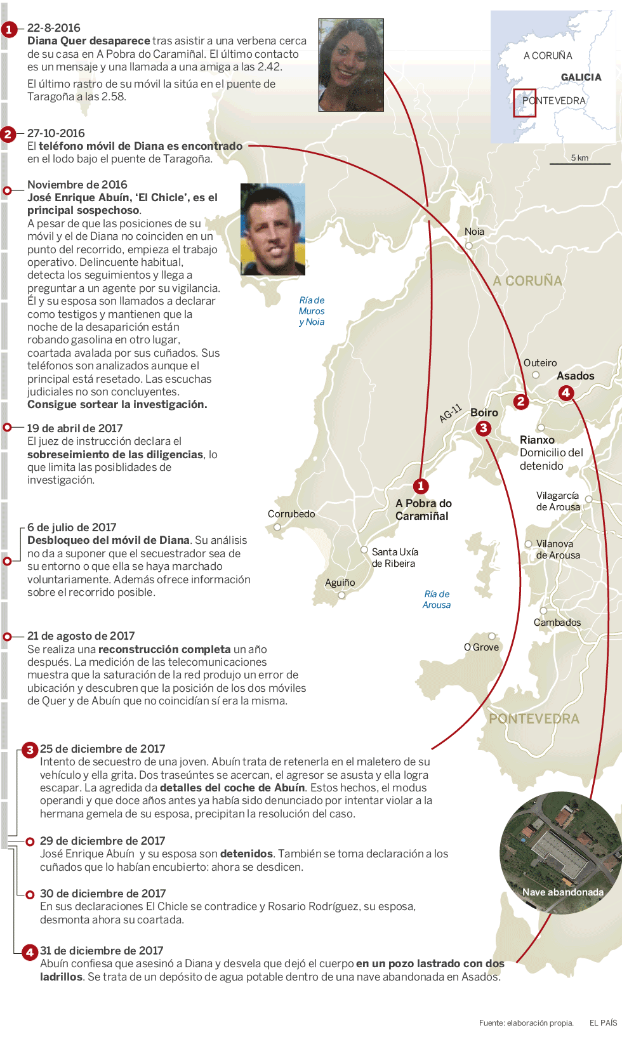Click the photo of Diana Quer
(x=350, y=65)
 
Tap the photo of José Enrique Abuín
(x=273, y=229)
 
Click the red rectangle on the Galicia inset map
(x=524, y=103)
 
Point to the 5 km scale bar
(x=579, y=164)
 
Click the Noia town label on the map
(x=474, y=232)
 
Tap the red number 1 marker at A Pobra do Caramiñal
(x=421, y=486)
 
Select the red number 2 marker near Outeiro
(x=521, y=401)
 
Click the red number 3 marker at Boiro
(x=484, y=428)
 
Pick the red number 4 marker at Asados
(x=566, y=392)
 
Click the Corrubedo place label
(x=291, y=514)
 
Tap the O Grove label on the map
(x=481, y=647)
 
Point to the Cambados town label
(x=557, y=623)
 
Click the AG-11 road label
(x=451, y=413)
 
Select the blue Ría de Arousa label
(x=437, y=600)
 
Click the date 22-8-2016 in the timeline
(x=54, y=28)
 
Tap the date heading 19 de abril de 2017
(x=75, y=428)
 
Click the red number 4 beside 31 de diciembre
(x=30, y=952)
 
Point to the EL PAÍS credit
(x=603, y=1022)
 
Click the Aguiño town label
(x=340, y=583)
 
